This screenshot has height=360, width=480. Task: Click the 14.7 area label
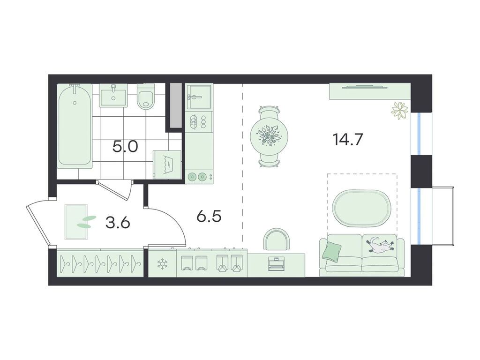tap(347, 140)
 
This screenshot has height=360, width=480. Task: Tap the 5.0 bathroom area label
tap(125, 147)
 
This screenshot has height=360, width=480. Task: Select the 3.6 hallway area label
tap(118, 223)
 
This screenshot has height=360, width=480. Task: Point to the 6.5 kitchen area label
tap(209, 217)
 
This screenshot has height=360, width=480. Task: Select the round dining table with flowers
tap(269, 136)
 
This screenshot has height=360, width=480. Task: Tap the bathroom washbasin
tap(114, 95)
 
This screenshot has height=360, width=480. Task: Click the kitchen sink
tap(199, 97)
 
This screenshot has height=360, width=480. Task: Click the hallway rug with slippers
tap(76, 222)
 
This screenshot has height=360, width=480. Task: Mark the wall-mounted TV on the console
tap(362, 87)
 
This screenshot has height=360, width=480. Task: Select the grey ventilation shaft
tap(176, 105)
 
